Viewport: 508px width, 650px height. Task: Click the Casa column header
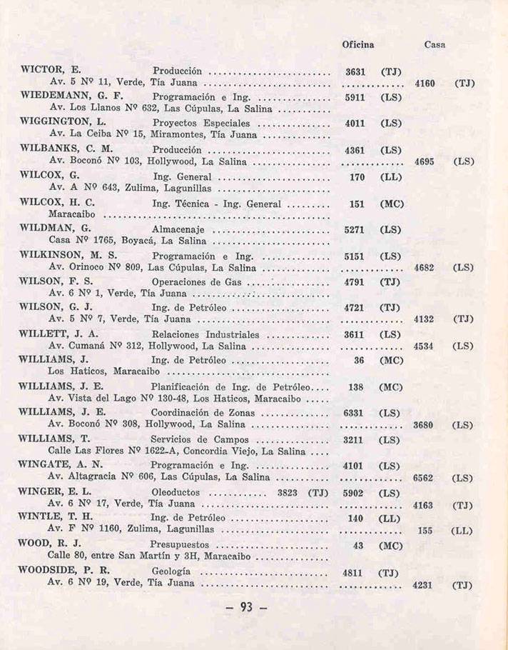[x=435, y=44]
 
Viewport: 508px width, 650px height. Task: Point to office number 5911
[x=355, y=96]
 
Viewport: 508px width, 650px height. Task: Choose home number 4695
[x=425, y=161]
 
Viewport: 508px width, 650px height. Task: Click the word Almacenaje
[x=178, y=230]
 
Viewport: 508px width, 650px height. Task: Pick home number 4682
[x=425, y=269]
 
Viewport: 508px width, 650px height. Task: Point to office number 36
[x=360, y=360]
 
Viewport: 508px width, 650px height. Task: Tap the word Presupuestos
[x=186, y=544]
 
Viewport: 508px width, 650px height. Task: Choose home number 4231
[x=425, y=584]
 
